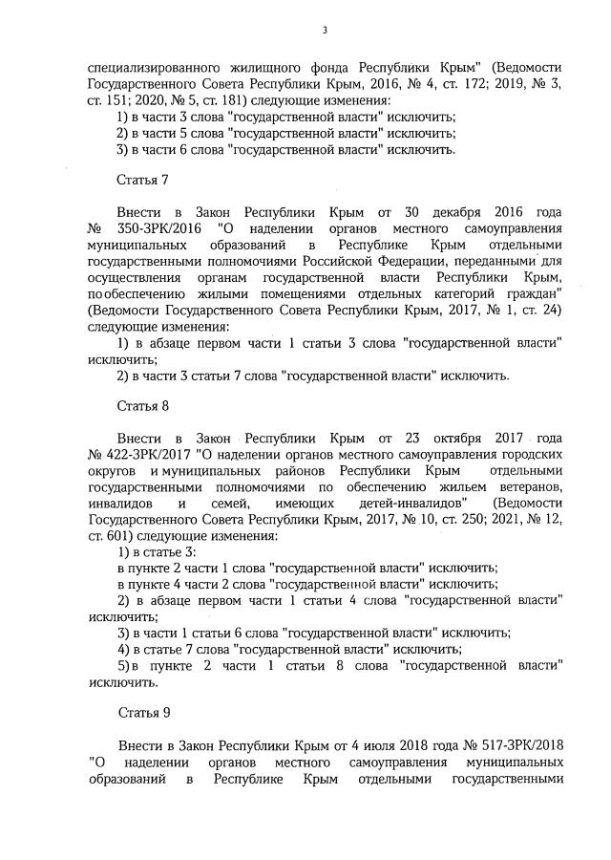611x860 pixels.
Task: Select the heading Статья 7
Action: [x=142, y=179]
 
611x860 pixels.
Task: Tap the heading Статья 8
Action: [x=142, y=405]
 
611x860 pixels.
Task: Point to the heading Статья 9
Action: [x=142, y=712]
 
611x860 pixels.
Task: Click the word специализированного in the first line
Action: [x=154, y=69]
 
